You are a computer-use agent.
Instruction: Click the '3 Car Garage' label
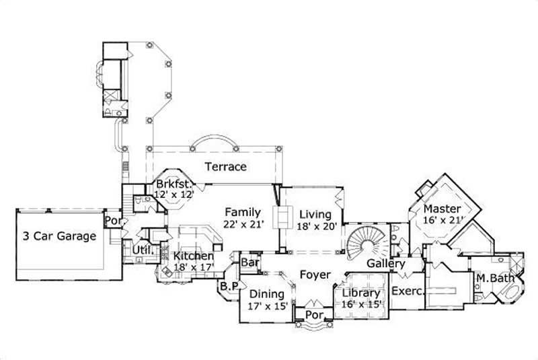click(x=59, y=236)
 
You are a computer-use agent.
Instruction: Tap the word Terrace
click(x=225, y=167)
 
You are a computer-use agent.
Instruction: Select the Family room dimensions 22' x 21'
click(x=242, y=225)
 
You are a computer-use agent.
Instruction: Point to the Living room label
click(x=315, y=215)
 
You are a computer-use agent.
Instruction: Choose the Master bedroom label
click(x=441, y=209)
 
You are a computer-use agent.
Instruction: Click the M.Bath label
click(x=490, y=279)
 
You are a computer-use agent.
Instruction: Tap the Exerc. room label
click(x=406, y=293)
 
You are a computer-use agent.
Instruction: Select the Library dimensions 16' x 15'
click(x=361, y=304)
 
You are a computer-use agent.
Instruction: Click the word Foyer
click(x=314, y=275)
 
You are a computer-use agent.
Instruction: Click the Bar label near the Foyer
click(x=251, y=262)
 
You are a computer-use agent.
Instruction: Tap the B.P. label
click(x=225, y=287)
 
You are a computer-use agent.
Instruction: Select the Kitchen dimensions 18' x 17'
click(x=194, y=268)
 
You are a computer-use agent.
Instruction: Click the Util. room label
click(x=146, y=252)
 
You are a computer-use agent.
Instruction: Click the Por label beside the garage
click(x=112, y=220)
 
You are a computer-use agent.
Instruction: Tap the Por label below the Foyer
click(x=313, y=315)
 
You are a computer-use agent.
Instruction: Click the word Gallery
click(x=385, y=264)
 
